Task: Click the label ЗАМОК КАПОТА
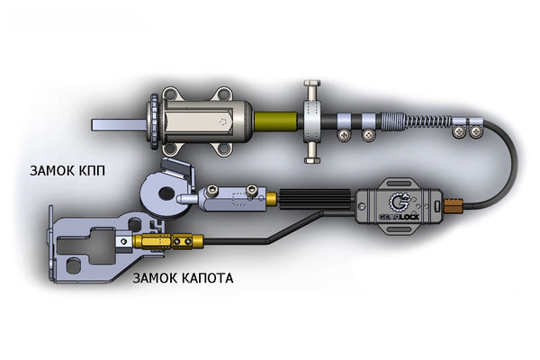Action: pyautogui.click(x=182, y=278)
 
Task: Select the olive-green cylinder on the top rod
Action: pyautogui.click(x=274, y=120)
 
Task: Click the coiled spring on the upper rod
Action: pyautogui.click(x=415, y=121)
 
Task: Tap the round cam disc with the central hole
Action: pyautogui.click(x=161, y=193)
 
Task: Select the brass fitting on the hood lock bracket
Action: pyautogui.click(x=166, y=241)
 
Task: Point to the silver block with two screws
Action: pyautogui.click(x=230, y=197)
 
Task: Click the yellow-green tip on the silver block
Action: pyautogui.click(x=261, y=197)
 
